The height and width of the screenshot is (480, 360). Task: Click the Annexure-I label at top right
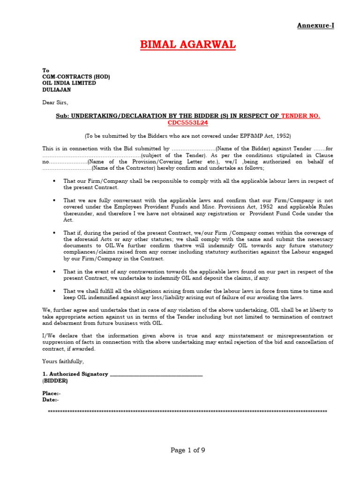315,25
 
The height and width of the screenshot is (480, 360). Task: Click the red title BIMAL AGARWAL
188,45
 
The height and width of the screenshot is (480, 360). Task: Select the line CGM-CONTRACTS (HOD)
76,77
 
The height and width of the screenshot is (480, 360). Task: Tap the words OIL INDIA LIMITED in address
69,83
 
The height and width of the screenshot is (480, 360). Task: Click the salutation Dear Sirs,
55,102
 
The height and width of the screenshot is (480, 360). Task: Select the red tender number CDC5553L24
187,123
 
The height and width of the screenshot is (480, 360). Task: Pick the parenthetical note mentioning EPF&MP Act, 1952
187,136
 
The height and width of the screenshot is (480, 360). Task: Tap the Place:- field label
52,393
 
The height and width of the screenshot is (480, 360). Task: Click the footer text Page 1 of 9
187,450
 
